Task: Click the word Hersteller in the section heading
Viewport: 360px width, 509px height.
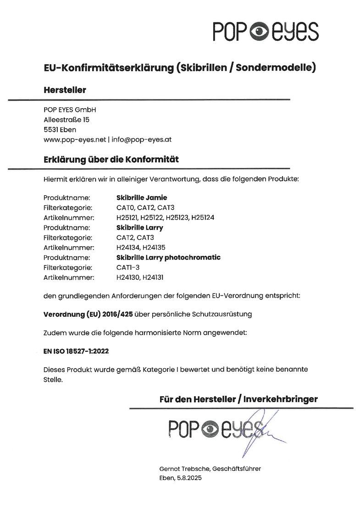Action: pyautogui.click(x=65, y=90)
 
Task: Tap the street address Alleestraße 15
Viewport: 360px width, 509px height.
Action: pyautogui.click(x=66, y=120)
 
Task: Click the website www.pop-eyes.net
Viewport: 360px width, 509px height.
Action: pyautogui.click(x=74, y=139)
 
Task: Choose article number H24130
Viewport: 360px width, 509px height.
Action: pyautogui.click(x=128, y=277)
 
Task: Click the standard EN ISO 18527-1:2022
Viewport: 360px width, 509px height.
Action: pyautogui.click(x=77, y=352)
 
